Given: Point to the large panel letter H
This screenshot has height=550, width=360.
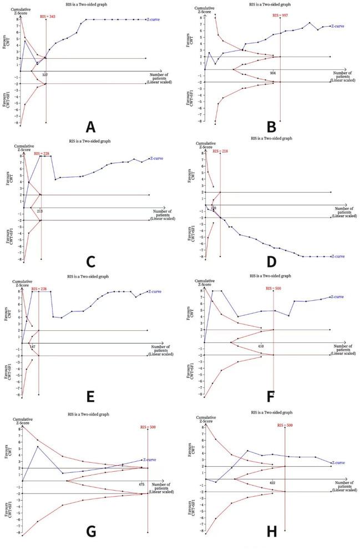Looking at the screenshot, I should tap(272, 532).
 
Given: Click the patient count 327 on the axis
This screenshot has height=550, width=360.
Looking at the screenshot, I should tap(45, 74).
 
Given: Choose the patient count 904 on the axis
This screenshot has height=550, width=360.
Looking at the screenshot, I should tap(272, 73).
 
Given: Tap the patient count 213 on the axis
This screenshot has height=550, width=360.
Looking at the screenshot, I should tap(40, 211).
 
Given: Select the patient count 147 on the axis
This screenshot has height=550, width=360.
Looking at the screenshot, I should tap(33, 346).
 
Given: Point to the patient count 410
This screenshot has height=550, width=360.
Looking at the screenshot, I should tap(260, 346).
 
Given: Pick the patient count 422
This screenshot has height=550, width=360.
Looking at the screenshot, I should tap(272, 483).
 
